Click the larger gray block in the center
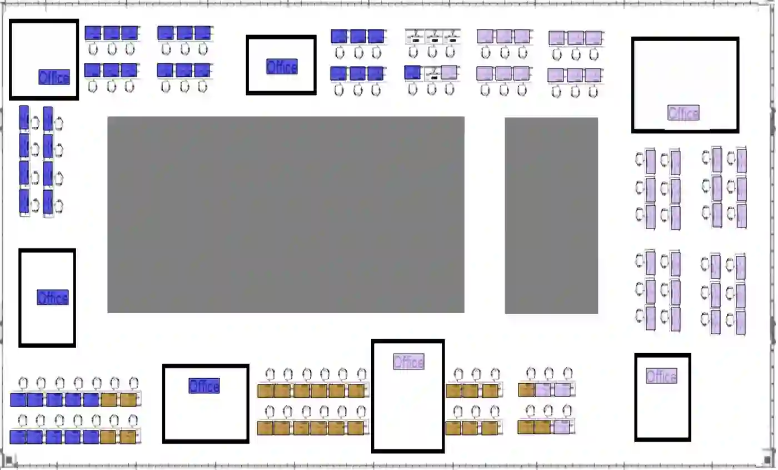(286, 215)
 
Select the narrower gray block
(551, 215)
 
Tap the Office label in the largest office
(683, 113)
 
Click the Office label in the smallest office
(281, 67)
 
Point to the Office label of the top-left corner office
(54, 77)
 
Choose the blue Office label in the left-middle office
(53, 298)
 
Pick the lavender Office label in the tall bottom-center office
(408, 362)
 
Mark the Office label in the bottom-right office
(661, 377)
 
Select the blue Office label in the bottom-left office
(204, 385)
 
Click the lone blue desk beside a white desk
(412, 72)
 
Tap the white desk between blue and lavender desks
(432, 72)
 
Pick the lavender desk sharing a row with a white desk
(450, 72)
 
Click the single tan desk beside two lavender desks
(526, 390)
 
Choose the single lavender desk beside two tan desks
(562, 427)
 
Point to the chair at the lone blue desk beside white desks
(412, 89)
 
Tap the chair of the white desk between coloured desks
(432, 89)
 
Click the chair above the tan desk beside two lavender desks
(531, 373)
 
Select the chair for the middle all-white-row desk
(432, 52)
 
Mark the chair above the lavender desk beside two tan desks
(566, 411)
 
